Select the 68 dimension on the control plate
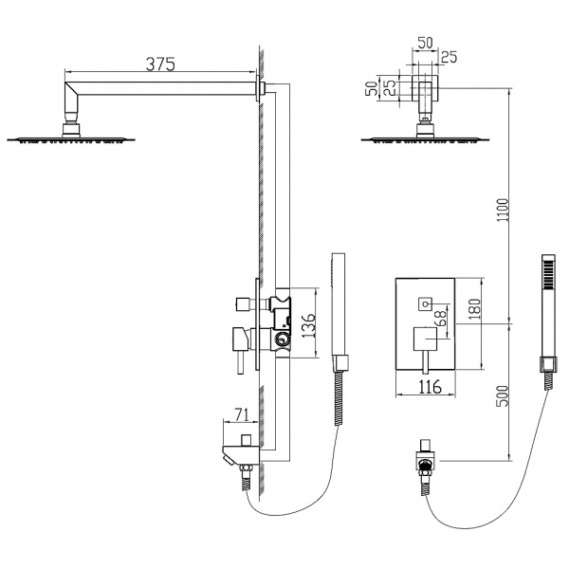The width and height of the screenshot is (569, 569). [x=440, y=320]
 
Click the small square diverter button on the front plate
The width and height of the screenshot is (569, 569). [x=424, y=304]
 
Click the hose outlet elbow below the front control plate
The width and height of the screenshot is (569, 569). [x=425, y=466]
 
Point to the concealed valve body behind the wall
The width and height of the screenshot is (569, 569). [x=282, y=322]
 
